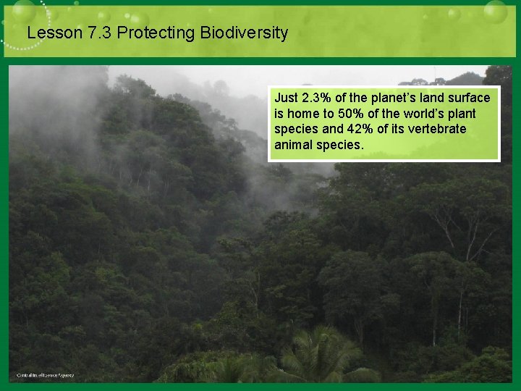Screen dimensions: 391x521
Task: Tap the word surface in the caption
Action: (470, 98)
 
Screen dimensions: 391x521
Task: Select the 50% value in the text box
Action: (352, 114)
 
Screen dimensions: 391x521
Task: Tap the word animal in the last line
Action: (294, 145)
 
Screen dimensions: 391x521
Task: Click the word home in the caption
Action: (302, 114)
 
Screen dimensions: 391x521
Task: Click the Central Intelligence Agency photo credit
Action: (45, 375)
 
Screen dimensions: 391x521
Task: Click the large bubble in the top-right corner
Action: (495, 12)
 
